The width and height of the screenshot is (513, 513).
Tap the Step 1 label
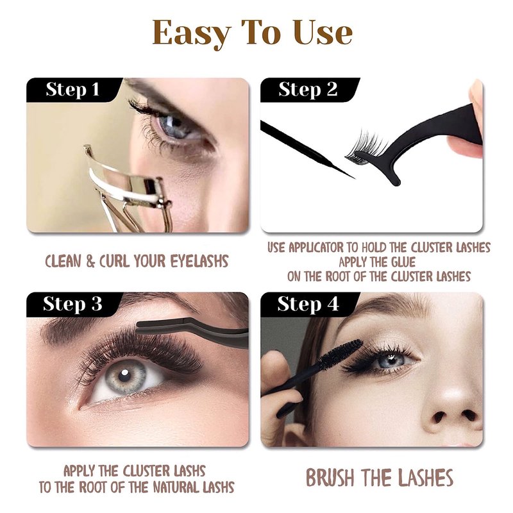[x=72, y=89]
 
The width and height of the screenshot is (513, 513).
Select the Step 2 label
[x=308, y=89]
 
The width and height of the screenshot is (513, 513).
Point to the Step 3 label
[x=72, y=304]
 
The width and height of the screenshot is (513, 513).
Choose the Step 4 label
[x=308, y=304]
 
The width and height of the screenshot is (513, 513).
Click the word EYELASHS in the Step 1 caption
[x=200, y=262]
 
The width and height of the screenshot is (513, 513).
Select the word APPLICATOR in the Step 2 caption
[x=316, y=248]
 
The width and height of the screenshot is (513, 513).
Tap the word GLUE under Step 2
[x=403, y=262]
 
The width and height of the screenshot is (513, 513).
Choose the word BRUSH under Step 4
[x=330, y=478]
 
